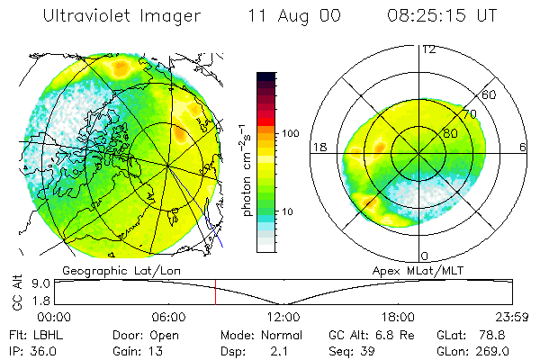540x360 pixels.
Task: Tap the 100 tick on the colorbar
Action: [292, 132]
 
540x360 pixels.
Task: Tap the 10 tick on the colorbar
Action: [289, 212]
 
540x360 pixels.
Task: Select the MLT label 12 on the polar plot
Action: [428, 49]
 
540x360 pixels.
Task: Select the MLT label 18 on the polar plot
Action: [318, 147]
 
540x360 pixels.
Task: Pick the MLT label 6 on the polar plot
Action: [524, 147]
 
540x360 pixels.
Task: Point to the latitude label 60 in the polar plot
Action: [490, 94]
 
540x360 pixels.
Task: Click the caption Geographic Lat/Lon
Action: [106, 269]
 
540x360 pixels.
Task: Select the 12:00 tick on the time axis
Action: [283, 317]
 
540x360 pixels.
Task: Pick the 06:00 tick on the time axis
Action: [168, 317]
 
